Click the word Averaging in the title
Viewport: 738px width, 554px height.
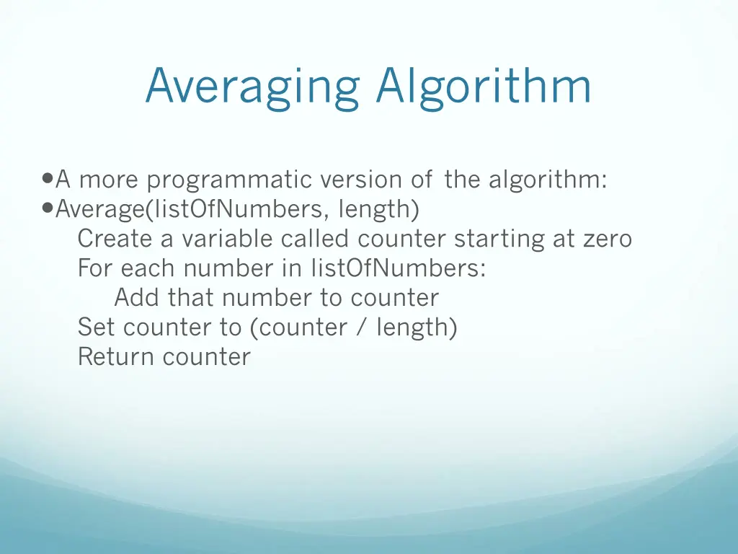coord(252,87)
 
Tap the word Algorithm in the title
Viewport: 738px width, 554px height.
coord(483,87)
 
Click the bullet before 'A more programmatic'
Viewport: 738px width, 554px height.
coord(48,178)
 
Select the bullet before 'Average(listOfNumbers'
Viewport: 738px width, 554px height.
coord(48,208)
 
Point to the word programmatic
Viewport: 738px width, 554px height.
coord(230,180)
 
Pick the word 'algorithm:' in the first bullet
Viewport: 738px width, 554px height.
coord(547,179)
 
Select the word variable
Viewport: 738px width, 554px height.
coord(227,238)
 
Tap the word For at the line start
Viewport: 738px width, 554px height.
coord(96,268)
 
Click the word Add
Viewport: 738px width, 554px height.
coord(138,297)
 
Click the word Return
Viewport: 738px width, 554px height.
coord(117,356)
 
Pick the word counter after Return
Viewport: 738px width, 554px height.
coord(207,357)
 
